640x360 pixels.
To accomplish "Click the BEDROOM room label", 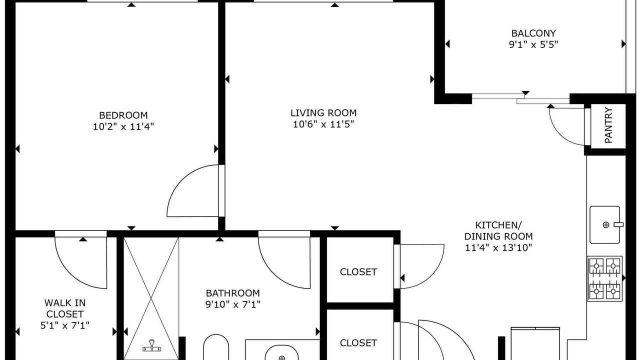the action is pyautogui.click(x=123, y=115).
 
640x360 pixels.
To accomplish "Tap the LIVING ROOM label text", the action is pyautogui.click(x=323, y=113).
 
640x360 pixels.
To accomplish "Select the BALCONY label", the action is pyautogui.click(x=533, y=33).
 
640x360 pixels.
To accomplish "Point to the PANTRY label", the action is pyautogui.click(x=608, y=125).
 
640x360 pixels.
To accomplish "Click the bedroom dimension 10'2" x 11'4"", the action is pyautogui.click(x=123, y=126).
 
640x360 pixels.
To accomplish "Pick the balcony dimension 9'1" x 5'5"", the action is pyautogui.click(x=533, y=44).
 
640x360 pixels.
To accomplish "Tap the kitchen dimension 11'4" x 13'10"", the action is pyautogui.click(x=498, y=247).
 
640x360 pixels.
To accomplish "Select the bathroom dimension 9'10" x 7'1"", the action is pyautogui.click(x=233, y=304).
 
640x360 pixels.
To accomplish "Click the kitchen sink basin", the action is pyautogui.click(x=605, y=225).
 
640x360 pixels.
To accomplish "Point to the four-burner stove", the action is pyautogui.click(x=605, y=278).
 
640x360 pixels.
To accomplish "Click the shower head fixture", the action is pyautogui.click(x=151, y=346).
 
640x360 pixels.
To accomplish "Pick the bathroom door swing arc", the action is pyautogui.click(x=274, y=274).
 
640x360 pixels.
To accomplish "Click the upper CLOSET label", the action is pyautogui.click(x=358, y=272).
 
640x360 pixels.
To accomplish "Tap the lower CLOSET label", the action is pyautogui.click(x=358, y=343).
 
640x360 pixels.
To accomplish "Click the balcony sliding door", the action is pyautogui.click(x=520, y=98).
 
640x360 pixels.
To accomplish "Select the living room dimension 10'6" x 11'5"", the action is pyautogui.click(x=323, y=124).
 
